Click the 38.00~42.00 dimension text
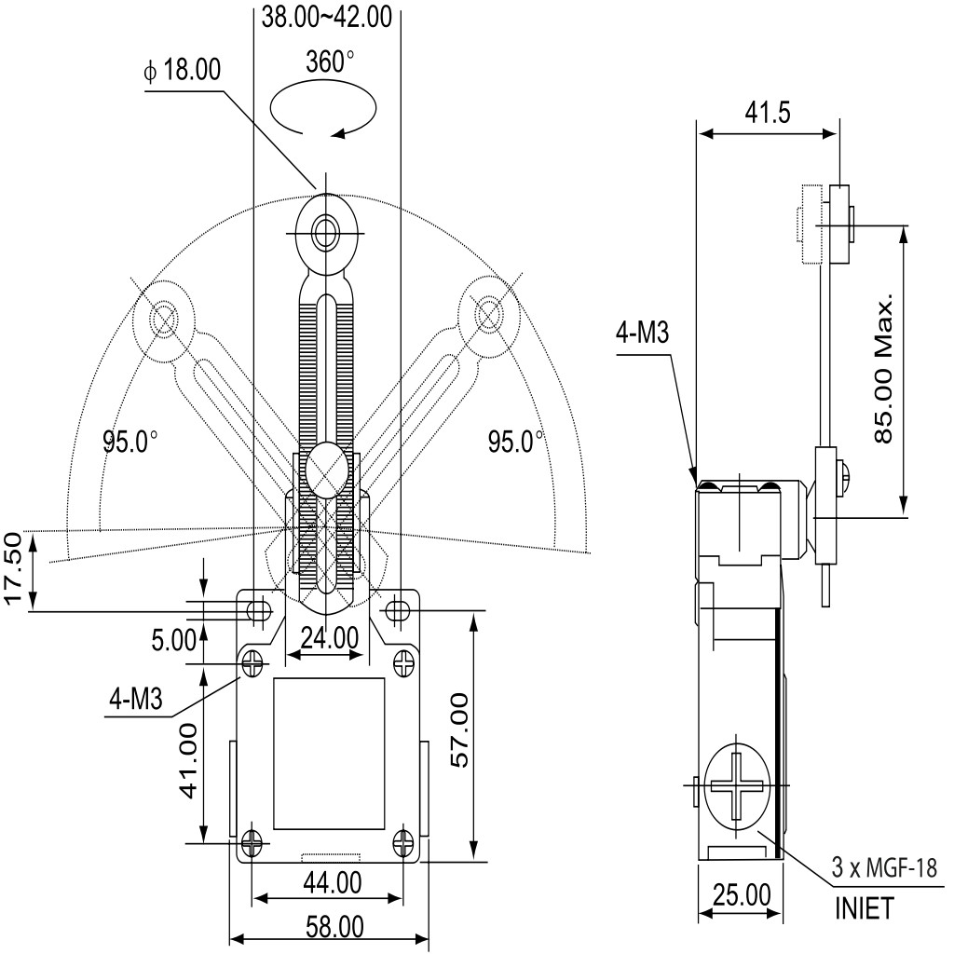327,17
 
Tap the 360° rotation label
330,61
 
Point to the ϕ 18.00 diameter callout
182,70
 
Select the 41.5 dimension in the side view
768,113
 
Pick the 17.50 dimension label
13,569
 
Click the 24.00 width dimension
330,638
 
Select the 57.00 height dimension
459,730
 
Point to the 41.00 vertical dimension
190,760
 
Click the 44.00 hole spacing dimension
333,882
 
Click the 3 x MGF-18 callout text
885,867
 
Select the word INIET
865,909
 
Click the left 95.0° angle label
130,441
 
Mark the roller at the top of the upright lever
327,232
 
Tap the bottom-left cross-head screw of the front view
252,842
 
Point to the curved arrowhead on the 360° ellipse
337,132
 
